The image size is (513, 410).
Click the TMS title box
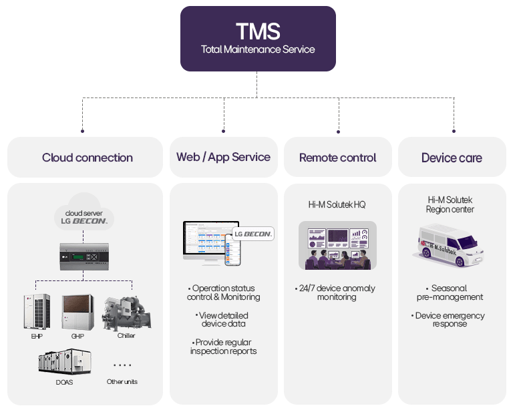click(258, 38)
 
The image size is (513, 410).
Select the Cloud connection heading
click(87, 158)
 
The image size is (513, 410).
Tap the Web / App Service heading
click(223, 157)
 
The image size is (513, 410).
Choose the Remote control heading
click(337, 158)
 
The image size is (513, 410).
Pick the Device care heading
click(452, 158)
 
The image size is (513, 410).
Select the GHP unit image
click(77, 311)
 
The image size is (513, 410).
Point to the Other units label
click(122, 381)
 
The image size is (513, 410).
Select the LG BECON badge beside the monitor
click(252, 234)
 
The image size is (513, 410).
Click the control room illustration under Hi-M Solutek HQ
click(337, 245)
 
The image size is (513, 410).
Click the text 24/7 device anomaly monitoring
click(336, 292)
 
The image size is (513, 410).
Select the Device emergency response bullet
click(449, 319)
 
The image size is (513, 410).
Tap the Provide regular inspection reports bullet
click(223, 346)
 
